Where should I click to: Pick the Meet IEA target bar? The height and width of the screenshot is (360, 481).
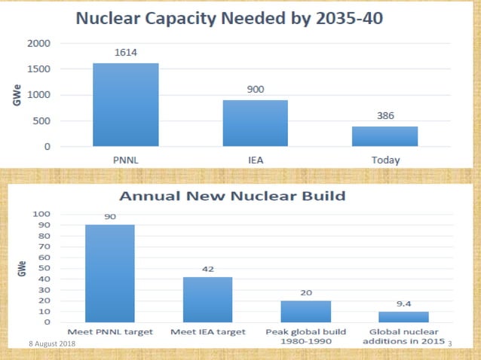(207, 300)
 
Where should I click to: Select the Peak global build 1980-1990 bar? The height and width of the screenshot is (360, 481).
(305, 312)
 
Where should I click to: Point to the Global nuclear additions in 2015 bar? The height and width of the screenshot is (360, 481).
(403, 317)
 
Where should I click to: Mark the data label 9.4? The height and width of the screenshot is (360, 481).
(403, 304)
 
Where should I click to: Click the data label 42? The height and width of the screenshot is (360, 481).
(207, 269)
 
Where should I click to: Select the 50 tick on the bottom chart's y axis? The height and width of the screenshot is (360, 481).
(46, 268)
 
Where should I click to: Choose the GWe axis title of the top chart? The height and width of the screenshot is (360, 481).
(16, 95)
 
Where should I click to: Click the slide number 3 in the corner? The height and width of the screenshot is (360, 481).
(449, 344)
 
